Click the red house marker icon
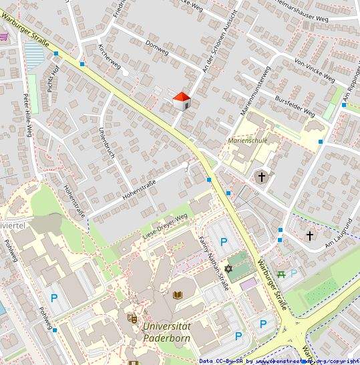(x=182, y=100)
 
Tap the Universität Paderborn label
(x=166, y=332)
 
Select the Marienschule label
(x=247, y=142)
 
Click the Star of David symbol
(x=228, y=269)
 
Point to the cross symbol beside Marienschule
(x=262, y=177)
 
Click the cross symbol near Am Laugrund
(x=310, y=235)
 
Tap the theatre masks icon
(x=132, y=318)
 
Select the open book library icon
(x=178, y=295)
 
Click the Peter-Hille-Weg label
(x=28, y=114)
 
